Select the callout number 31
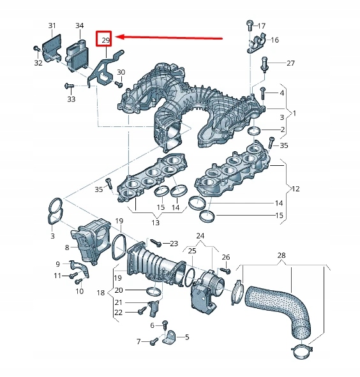pos(52,26)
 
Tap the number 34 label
pos(79,26)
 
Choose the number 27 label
pos(290,63)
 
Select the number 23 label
pos(174,244)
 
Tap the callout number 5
pos(187,337)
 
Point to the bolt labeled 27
pos(264,63)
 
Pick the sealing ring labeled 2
pos(254,131)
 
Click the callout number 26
pos(225,257)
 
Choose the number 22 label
pos(118,312)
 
